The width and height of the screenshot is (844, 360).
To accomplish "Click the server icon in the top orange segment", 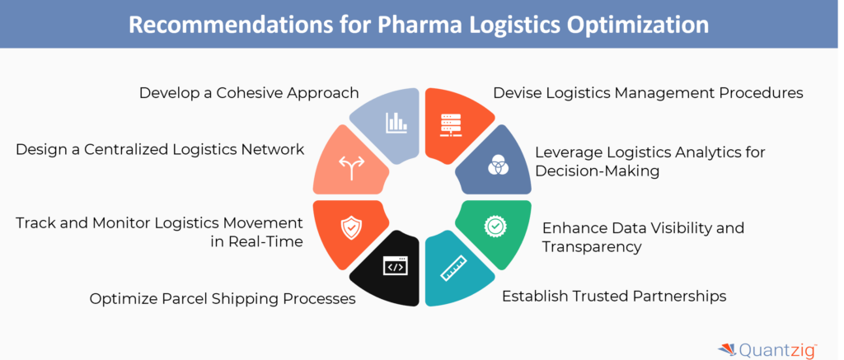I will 448,123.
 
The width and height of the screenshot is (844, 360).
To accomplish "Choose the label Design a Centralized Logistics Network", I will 160,149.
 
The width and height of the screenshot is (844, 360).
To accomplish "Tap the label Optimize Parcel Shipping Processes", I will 223,298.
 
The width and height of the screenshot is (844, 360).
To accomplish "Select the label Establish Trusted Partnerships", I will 614,295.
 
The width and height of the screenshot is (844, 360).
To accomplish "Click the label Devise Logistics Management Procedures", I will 648,93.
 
